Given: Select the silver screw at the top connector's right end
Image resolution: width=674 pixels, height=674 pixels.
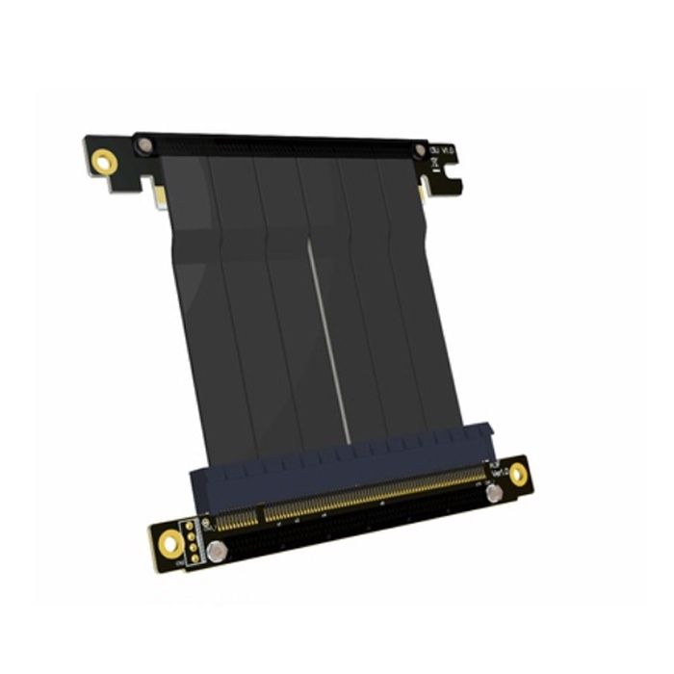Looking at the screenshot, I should point(420,151).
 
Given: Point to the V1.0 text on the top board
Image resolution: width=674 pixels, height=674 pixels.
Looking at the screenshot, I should point(445,152).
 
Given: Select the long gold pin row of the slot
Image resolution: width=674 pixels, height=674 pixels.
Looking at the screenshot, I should point(376,491).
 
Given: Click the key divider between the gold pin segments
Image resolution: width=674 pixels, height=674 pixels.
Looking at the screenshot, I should point(261,515).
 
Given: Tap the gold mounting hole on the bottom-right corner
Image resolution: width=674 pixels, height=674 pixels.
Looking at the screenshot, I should point(519,473).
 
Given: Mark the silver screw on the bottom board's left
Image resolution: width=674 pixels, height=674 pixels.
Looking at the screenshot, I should point(220,553).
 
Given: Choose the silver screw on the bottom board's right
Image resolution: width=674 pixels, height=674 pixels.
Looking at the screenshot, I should point(494,493).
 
